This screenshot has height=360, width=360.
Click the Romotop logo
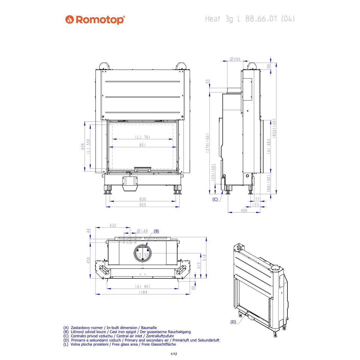pyautogui.click(x=95, y=20)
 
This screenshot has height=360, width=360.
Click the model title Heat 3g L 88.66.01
pyautogui.click(x=250, y=19)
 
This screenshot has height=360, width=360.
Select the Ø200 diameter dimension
pyautogui.click(x=235, y=59)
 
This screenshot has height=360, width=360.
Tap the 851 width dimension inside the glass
pyautogui.click(x=142, y=145)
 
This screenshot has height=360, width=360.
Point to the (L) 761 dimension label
pyautogui.click(x=142, y=137)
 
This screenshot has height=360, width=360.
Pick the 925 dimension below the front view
pyautogui.click(x=142, y=205)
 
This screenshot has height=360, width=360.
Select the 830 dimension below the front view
pyautogui.click(x=142, y=199)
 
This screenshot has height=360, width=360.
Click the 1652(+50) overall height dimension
pyautogui.click(x=274, y=127)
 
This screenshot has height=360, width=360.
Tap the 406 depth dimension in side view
pyautogui.click(x=244, y=210)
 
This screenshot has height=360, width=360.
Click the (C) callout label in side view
pyautogui.click(x=215, y=199)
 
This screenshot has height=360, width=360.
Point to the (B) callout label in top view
pyautogui.click(x=156, y=231)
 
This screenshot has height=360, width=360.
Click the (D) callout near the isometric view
pyautogui.click(x=233, y=322)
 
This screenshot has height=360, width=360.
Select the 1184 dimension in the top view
pyautogui.click(x=143, y=292)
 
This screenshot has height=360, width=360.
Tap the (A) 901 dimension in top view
pyautogui.click(x=143, y=286)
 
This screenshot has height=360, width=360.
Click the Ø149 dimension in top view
pyautogui.click(x=142, y=231)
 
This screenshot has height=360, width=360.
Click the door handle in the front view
pyautogui.click(x=142, y=169)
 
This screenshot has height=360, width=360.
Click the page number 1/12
pyautogui.click(x=174, y=354)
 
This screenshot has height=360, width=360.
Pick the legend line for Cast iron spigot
pyautogui.click(x=127, y=332)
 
